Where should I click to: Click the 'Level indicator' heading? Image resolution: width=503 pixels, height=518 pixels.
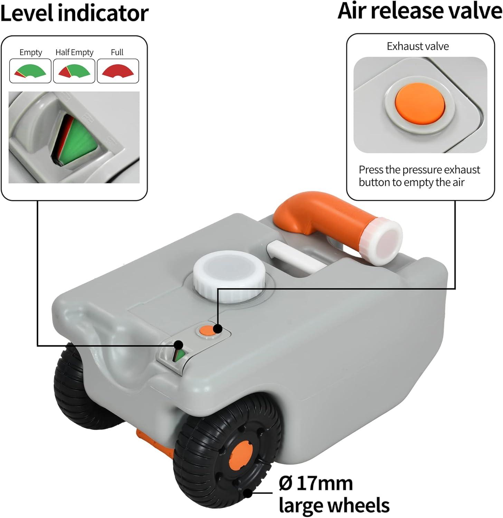pyautogui.click(x=74, y=13)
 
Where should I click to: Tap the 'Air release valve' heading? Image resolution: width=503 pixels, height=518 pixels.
pyautogui.click(x=420, y=11)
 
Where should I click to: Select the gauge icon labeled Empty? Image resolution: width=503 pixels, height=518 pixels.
pyautogui.click(x=30, y=71)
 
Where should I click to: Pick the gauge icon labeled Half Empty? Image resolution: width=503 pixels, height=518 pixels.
pyautogui.click(x=74, y=71)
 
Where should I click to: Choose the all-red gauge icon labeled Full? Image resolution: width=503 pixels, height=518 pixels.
pyautogui.click(x=118, y=71)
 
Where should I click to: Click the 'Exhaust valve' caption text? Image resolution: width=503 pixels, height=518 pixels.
pyautogui.click(x=418, y=46)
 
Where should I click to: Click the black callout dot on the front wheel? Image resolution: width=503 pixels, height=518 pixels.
pyautogui.click(x=248, y=493)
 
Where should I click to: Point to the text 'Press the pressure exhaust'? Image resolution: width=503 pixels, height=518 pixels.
pyautogui.click(x=419, y=170)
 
